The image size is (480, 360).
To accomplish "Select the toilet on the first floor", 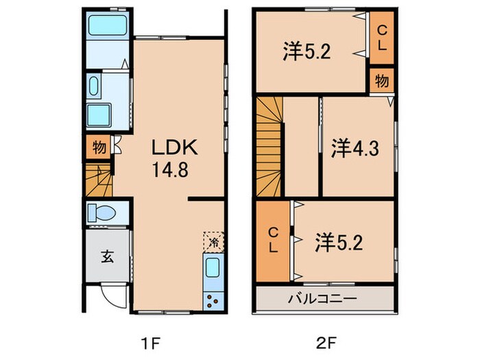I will click(x=103, y=213).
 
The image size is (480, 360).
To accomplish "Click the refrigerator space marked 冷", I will click(x=213, y=241).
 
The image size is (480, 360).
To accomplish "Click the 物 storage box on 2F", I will click(x=381, y=80).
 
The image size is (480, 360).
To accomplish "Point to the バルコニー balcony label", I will click(x=322, y=299).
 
